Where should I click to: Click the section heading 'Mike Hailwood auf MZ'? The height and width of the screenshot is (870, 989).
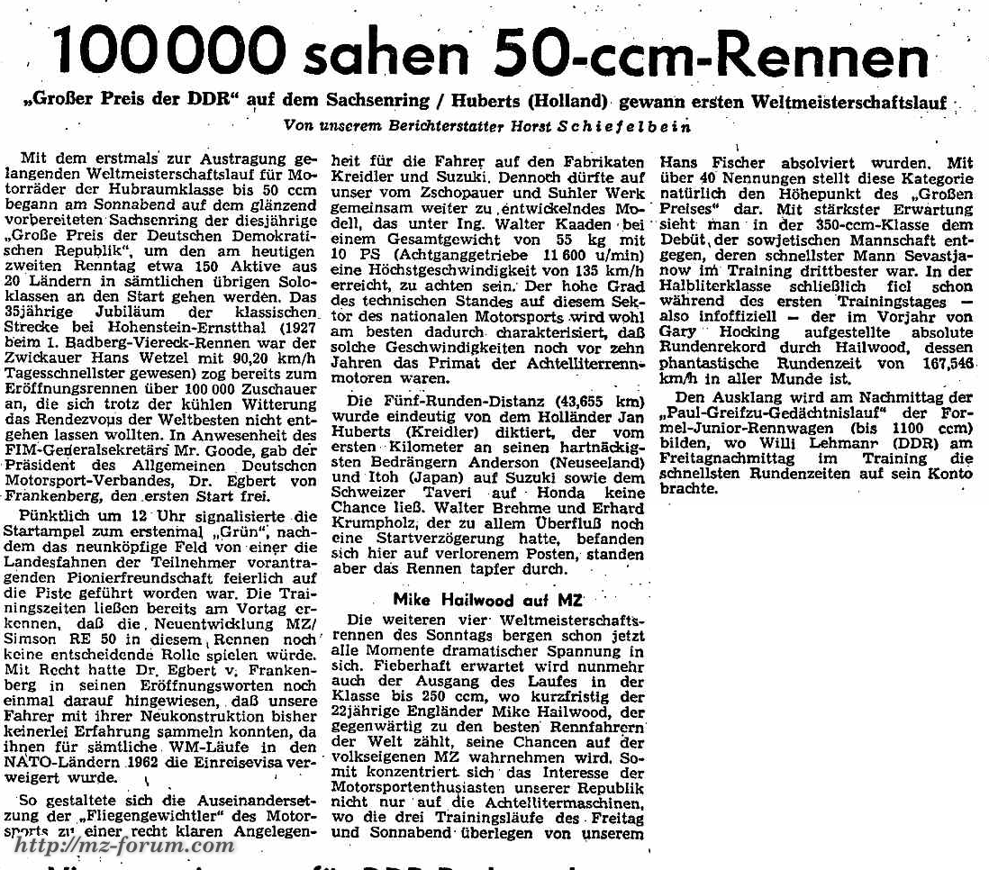click(x=488, y=599)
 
